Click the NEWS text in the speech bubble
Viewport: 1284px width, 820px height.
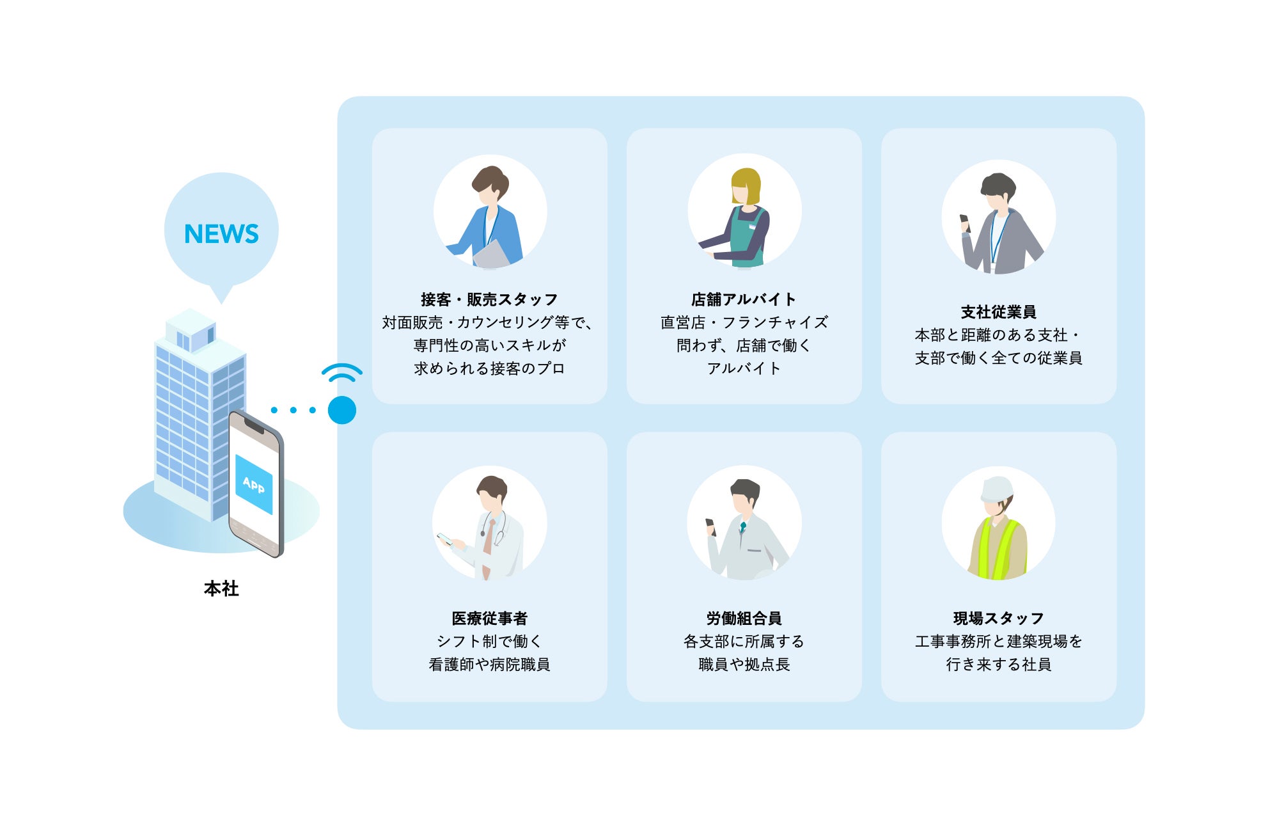pos(221,234)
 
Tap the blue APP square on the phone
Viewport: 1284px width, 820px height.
pos(254,484)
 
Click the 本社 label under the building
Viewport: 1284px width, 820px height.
pos(221,588)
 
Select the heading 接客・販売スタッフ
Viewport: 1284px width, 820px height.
pos(489,299)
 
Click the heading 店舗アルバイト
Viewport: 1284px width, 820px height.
pos(744,299)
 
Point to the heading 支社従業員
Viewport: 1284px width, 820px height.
pos(998,312)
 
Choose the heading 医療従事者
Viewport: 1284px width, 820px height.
pos(489,619)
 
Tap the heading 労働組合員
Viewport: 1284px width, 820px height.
pos(744,619)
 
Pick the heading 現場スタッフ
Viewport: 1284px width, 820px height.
pos(998,619)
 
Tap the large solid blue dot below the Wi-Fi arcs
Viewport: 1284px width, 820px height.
pos(342,410)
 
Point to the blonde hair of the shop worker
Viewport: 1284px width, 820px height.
pos(746,182)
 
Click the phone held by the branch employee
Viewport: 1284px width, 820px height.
pos(965,221)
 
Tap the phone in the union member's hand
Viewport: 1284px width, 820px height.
pos(710,525)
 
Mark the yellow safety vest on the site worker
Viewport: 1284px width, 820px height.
pos(998,550)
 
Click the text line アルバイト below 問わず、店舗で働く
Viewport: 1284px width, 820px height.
pos(744,368)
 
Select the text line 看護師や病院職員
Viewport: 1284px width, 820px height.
pos(489,665)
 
